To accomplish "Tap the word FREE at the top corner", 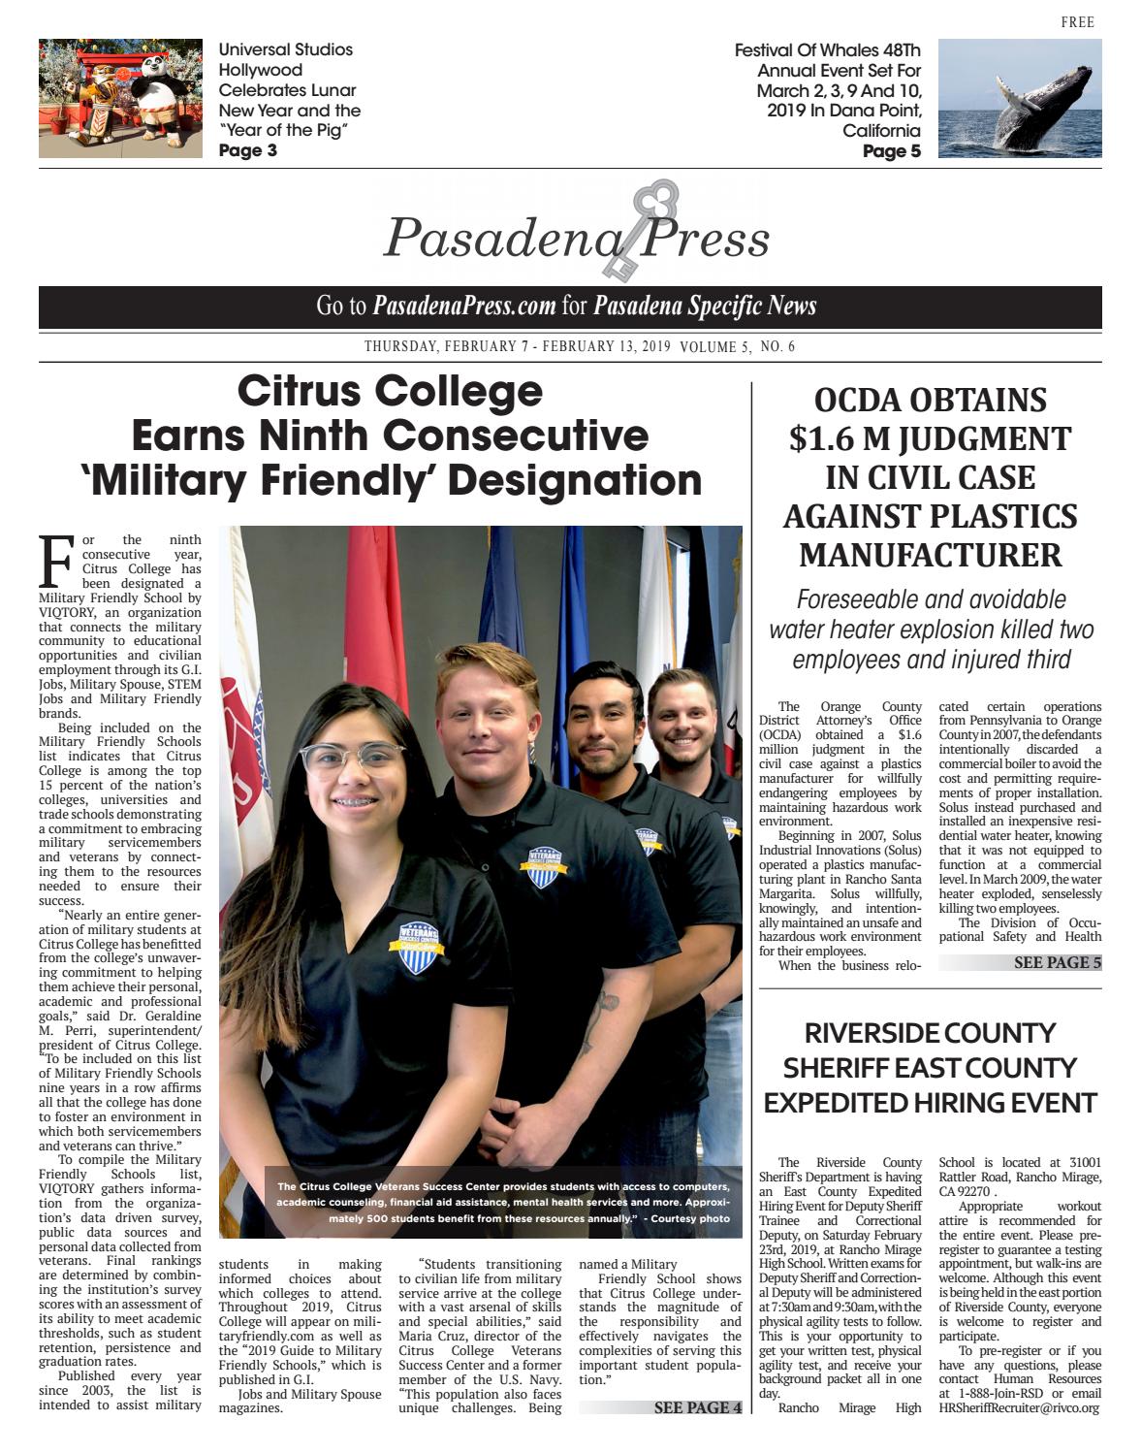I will pyautogui.click(x=1077, y=22).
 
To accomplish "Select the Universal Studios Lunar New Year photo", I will pyautogui.click(x=120, y=98).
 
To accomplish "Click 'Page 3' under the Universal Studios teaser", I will pyautogui.click(x=247, y=150).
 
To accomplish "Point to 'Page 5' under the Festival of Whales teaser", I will pyautogui.click(x=891, y=151).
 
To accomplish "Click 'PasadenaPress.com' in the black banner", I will pyautogui.click(x=464, y=307).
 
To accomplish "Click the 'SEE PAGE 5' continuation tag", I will pyautogui.click(x=1057, y=963).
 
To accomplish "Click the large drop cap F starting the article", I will pyautogui.click(x=57, y=561).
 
